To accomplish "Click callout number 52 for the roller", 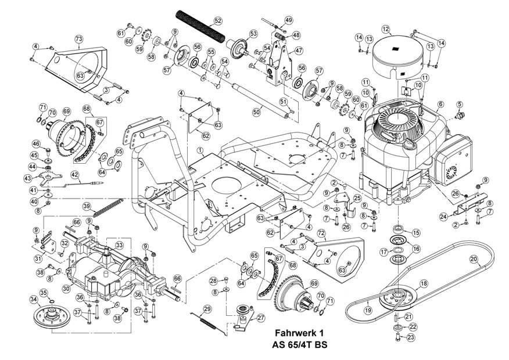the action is (218, 21).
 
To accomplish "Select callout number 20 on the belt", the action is (474, 259).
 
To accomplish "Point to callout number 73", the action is (79, 39).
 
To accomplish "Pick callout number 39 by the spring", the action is (86, 206).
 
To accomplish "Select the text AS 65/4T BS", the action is (300, 344).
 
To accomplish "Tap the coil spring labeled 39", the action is (109, 207).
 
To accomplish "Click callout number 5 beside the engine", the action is (460, 104).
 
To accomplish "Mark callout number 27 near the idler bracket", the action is (260, 318).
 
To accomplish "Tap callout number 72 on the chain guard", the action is (321, 233).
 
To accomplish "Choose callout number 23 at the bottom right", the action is (411, 337).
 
